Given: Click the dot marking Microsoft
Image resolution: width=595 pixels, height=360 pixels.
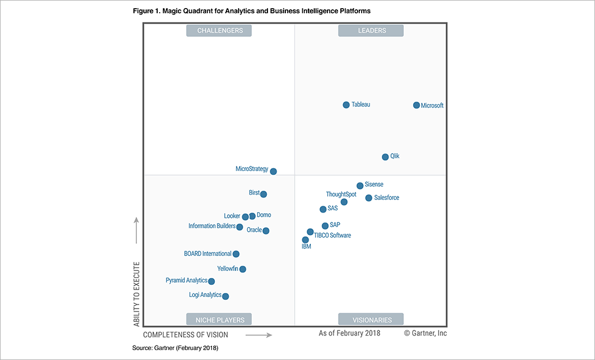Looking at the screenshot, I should [416, 105].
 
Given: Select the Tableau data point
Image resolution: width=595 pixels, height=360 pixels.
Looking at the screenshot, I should [346, 105].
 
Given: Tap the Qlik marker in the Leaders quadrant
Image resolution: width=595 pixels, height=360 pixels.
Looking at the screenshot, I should [385, 157].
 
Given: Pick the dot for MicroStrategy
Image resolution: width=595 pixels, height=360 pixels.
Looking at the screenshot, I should [273, 171].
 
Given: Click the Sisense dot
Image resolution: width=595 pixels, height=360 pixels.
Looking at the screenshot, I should [360, 185].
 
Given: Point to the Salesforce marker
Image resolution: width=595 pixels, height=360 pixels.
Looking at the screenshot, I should [369, 198].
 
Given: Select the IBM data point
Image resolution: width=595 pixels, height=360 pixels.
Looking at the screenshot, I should [305, 239].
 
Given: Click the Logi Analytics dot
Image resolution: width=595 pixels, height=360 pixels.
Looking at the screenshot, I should [225, 296].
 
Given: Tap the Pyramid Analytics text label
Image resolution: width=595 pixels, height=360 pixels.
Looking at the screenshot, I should [186, 280].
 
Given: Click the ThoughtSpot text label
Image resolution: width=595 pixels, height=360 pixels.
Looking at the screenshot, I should [341, 194].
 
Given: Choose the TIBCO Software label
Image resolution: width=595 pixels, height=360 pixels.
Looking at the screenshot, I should [332, 235].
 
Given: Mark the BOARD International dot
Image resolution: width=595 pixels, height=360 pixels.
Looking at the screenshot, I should [236, 254].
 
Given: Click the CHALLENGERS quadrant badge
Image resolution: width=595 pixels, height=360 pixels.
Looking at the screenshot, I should [220, 31].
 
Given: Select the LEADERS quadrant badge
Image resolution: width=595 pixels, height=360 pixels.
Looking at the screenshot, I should [370, 31].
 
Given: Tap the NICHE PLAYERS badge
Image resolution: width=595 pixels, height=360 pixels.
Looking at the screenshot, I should [220, 320].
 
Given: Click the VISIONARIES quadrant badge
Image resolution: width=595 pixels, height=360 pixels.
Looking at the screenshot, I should [370, 320].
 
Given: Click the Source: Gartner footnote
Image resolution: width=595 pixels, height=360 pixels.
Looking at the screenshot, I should [175, 348].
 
